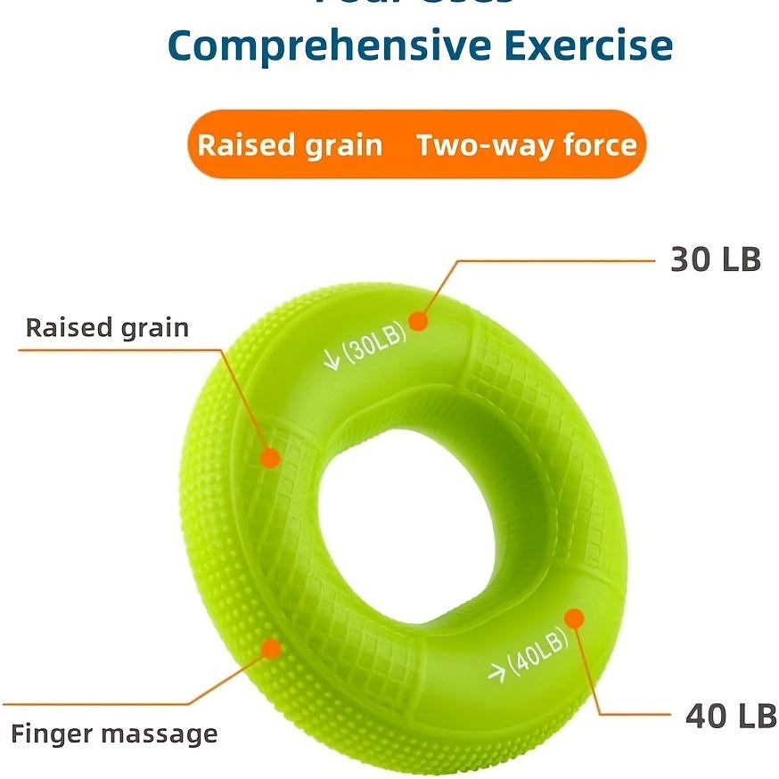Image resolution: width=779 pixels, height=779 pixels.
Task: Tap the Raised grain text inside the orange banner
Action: (290, 145)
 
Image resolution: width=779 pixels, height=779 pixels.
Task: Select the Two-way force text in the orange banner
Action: (527, 145)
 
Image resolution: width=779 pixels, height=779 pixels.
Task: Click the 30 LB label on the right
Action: (716, 259)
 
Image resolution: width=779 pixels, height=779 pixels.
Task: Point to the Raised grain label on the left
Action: (107, 327)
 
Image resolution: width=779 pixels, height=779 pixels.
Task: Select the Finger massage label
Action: (114, 734)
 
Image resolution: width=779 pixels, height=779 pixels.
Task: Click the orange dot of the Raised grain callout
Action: (269, 457)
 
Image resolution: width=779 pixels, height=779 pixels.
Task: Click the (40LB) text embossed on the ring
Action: (538, 660)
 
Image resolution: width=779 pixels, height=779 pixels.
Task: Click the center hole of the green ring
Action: (388, 508)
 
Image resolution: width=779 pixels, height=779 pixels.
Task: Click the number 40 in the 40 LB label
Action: (703, 716)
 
